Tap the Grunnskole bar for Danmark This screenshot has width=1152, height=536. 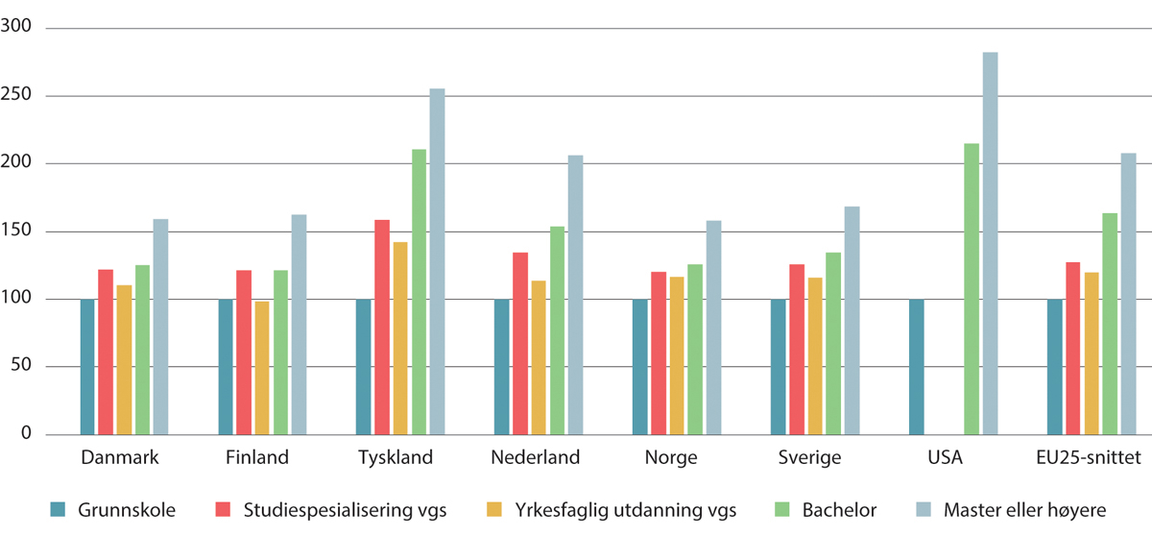pos(87,366)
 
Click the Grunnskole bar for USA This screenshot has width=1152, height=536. pos(917,366)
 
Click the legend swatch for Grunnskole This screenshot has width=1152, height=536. pos(59,508)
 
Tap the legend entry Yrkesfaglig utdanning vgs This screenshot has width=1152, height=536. pos(600,508)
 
